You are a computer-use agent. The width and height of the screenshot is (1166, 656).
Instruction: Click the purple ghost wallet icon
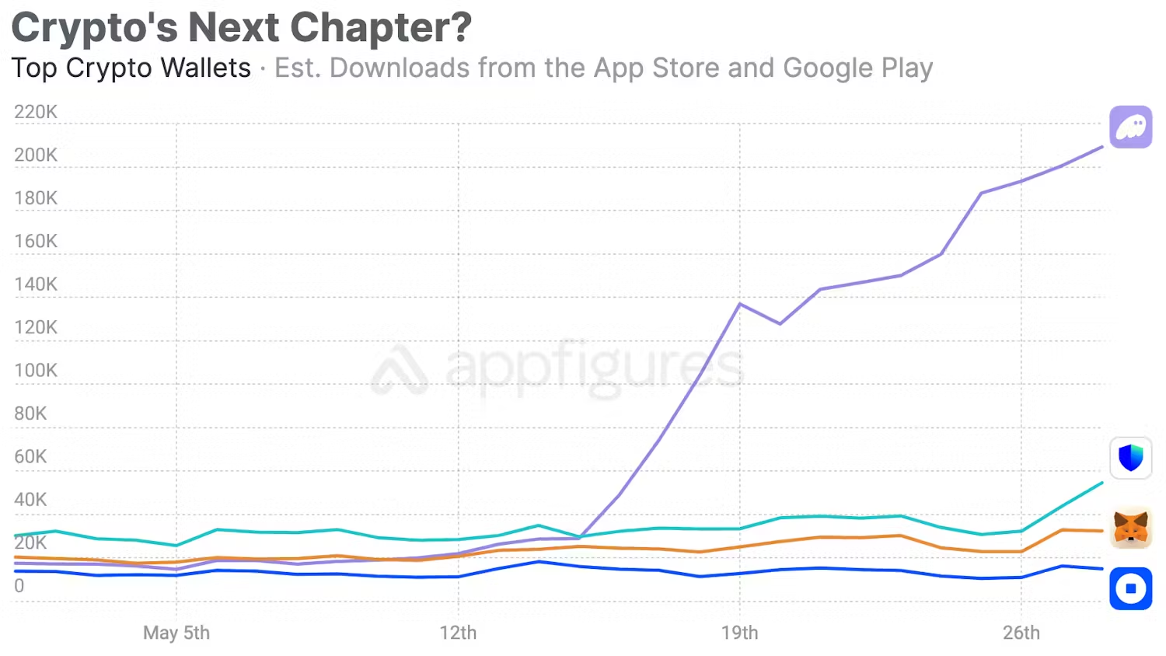1130,127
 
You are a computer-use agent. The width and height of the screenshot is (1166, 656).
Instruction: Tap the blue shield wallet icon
1130,458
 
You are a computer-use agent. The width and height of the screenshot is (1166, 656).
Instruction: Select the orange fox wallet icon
1130,528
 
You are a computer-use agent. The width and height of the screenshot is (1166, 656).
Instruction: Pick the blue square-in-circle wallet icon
1130,588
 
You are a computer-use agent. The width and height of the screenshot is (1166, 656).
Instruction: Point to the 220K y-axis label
36,112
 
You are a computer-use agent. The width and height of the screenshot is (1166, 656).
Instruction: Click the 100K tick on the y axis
36,370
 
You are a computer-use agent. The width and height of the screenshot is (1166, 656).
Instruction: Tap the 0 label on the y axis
19,586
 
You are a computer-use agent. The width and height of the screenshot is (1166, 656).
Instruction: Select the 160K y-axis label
36,241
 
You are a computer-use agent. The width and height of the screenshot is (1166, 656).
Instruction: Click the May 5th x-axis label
176,633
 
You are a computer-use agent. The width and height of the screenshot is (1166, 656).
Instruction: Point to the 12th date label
458,633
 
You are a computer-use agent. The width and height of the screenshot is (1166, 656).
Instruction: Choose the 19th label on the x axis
739,633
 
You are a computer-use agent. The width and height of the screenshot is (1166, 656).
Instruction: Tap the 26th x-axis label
1021,633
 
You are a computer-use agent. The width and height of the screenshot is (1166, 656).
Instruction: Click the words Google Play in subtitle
857,68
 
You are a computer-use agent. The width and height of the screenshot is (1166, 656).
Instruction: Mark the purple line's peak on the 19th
739,304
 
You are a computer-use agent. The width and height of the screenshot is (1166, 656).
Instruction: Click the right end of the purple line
1101,147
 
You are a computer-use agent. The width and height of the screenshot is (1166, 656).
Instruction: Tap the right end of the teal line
1101,483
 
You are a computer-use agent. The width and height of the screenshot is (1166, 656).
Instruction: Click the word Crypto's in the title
95,28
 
